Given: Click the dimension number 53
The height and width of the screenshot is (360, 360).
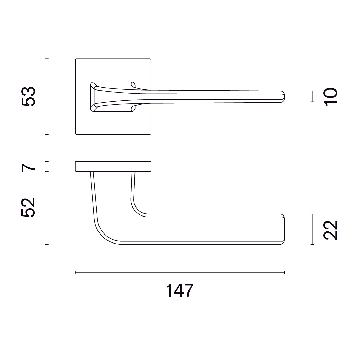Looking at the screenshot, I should point(28,96).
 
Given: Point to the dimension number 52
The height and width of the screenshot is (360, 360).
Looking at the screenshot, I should point(28,208).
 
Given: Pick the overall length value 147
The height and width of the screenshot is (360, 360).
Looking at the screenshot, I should point(179,291).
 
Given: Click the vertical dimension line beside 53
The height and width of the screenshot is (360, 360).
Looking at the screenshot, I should point(47,96).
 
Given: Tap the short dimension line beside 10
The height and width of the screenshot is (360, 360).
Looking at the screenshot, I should point(312,96).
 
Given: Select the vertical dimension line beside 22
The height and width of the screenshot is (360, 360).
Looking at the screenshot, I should point(312,229).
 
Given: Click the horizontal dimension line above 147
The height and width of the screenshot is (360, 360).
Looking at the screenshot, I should point(179,272).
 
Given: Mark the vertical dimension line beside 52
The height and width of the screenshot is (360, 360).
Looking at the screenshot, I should point(47,208).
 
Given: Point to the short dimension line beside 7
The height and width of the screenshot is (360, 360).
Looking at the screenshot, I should point(47,166).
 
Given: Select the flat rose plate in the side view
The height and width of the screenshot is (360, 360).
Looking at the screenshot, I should point(113,166).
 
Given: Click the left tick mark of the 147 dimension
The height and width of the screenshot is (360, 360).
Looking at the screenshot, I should point(75,272).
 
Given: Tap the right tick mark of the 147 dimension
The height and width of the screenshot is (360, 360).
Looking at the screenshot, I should point(284,272).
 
